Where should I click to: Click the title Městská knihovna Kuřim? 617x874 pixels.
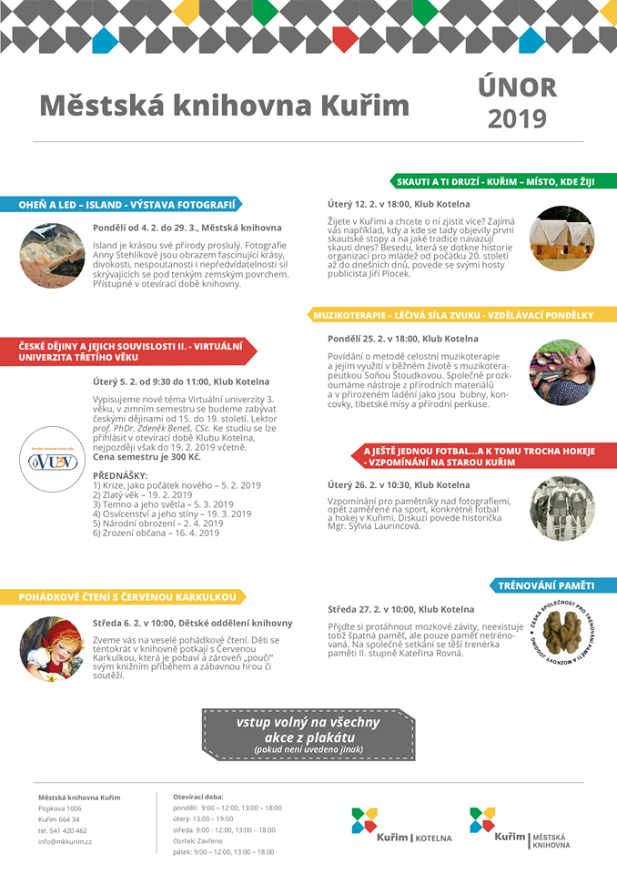pyautogui.click(x=224, y=106)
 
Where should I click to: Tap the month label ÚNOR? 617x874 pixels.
pyautogui.click(x=517, y=86)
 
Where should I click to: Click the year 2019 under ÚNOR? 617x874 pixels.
pyautogui.click(x=517, y=119)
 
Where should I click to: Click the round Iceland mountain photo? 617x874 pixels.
pyautogui.click(x=52, y=256)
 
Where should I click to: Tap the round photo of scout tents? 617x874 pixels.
pyautogui.click(x=561, y=239)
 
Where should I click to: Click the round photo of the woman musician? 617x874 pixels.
pyautogui.click(x=561, y=371)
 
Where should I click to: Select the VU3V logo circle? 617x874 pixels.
pyautogui.click(x=52, y=460)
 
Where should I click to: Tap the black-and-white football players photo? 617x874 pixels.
pyautogui.click(x=561, y=508)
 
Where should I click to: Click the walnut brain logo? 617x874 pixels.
pyautogui.click(x=561, y=632)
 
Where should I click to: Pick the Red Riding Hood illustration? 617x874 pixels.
pyautogui.click(x=52, y=649)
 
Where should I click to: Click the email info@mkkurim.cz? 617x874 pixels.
pyautogui.click(x=65, y=841)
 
